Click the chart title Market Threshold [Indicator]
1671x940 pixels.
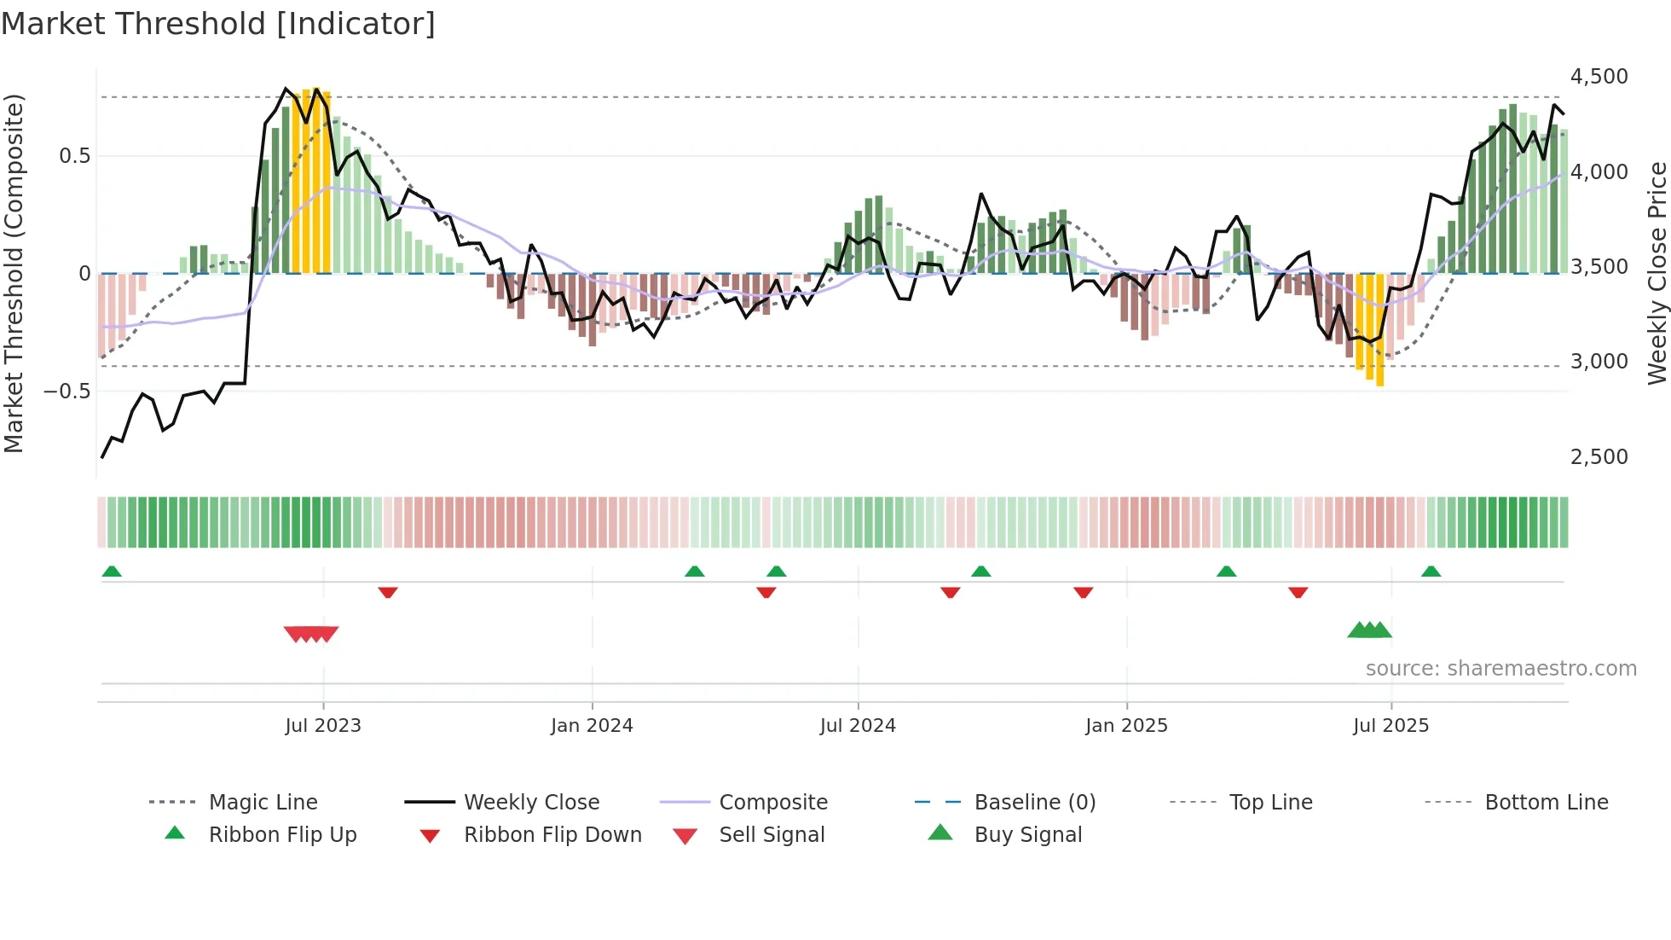click(218, 24)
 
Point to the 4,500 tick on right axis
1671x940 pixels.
click(1599, 77)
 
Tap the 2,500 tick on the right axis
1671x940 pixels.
click(1599, 457)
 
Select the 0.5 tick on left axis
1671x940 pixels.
click(74, 156)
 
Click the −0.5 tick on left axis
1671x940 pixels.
click(67, 392)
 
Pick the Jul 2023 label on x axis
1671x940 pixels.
click(323, 726)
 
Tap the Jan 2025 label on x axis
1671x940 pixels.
click(1126, 726)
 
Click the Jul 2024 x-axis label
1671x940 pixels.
click(858, 726)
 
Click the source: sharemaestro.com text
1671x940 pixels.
click(1500, 669)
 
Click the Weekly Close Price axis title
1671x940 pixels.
click(1657, 273)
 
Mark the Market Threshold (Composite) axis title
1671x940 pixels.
click(14, 273)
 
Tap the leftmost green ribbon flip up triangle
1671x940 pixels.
click(112, 572)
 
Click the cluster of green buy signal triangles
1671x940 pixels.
click(1369, 630)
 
